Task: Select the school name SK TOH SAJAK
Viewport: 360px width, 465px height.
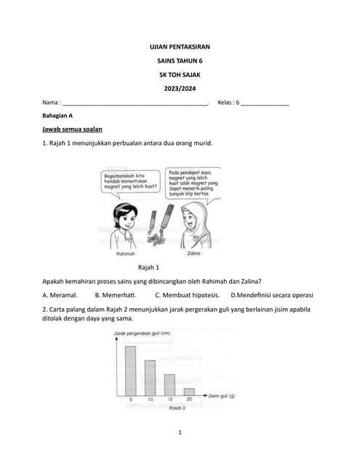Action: click(180, 75)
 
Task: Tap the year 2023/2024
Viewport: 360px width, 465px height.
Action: click(180, 89)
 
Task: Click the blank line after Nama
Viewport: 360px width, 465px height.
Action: click(135, 103)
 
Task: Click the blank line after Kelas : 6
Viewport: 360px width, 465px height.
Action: click(265, 103)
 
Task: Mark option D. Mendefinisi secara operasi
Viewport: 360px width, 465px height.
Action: click(271, 295)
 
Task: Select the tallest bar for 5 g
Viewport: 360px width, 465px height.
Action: click(131, 371)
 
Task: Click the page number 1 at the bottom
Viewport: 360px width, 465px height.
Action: click(180, 433)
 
